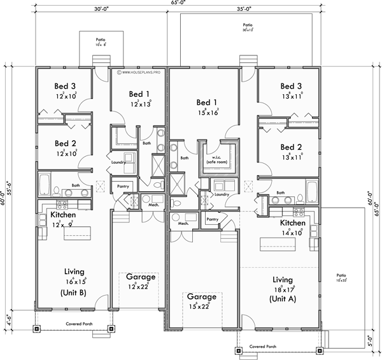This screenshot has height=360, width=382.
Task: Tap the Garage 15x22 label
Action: [201, 301]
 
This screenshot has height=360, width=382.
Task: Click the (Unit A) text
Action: [282, 298]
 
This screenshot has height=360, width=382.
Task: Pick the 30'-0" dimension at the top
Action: [94, 10]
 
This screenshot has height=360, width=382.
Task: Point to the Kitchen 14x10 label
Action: [294, 228]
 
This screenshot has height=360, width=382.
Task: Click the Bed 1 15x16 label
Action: [207, 106]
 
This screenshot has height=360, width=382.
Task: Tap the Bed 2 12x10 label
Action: [66, 148]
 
